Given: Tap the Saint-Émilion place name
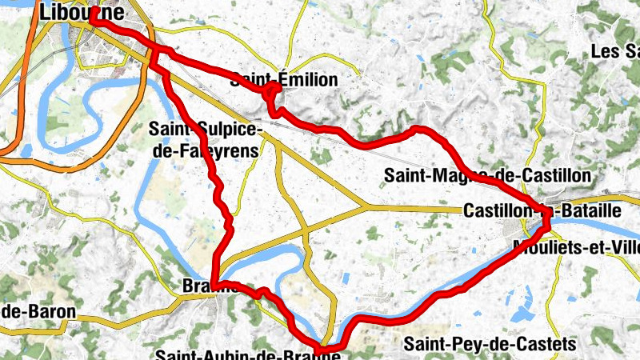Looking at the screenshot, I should pos(284,79).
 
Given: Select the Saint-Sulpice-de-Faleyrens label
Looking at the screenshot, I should pos(205,138).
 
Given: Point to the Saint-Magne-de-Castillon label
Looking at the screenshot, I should pos(486,174).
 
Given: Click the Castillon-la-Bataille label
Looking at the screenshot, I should pos(542,210).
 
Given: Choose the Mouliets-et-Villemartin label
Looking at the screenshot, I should pos(576,246).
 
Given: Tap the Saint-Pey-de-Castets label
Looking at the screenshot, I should pos(489,344).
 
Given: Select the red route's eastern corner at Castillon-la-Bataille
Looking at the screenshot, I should pos(547,216).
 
